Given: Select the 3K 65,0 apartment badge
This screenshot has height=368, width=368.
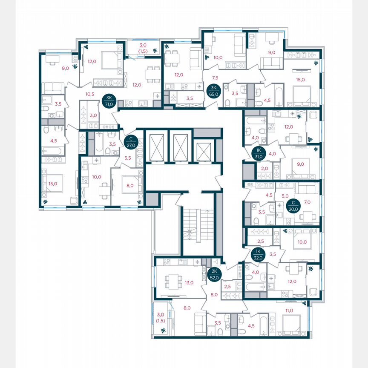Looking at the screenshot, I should [x=212, y=91].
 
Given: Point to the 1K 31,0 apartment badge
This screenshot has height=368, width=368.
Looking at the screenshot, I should [x=259, y=153].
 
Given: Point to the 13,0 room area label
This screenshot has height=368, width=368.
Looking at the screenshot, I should [x=190, y=282].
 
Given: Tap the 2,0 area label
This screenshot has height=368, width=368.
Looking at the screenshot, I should [x=264, y=169].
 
